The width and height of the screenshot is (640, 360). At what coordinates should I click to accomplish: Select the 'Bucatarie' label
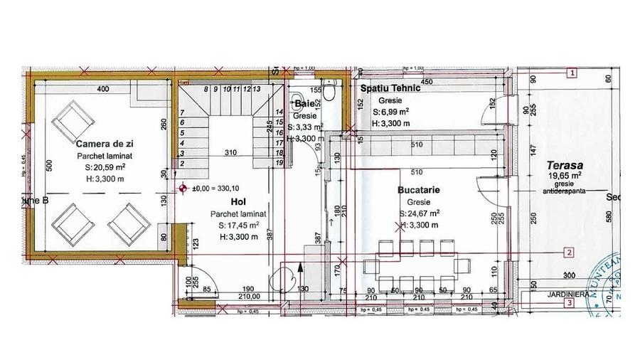420,191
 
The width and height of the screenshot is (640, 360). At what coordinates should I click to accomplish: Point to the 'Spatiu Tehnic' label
390,89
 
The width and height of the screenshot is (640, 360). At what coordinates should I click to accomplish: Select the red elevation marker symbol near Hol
183,189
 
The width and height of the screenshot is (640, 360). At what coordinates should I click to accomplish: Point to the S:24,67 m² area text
421,213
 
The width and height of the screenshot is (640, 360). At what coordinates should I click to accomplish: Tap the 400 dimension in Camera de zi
102,89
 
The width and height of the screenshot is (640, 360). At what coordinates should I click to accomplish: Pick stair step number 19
279,163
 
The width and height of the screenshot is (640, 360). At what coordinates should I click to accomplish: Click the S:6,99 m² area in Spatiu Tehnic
392,112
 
